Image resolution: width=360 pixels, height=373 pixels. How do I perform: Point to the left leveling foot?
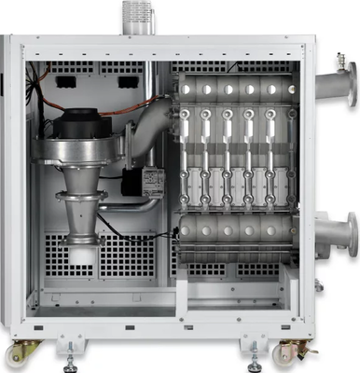coord(71,353)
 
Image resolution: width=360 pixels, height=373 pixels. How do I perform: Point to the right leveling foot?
coord(254,353)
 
